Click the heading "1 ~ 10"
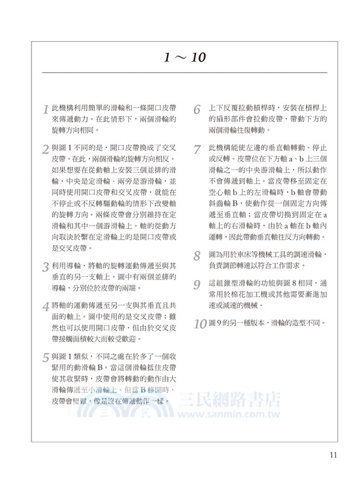(x=185, y=57)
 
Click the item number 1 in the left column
(x=46, y=110)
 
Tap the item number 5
(x=46, y=357)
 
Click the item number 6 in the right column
(x=197, y=110)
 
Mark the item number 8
(x=197, y=256)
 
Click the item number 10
(x=200, y=323)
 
